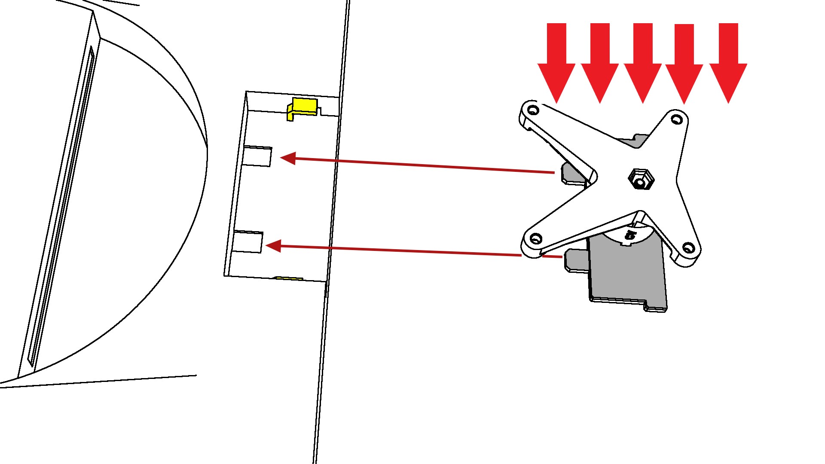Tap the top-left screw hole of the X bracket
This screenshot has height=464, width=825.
[x=533, y=110]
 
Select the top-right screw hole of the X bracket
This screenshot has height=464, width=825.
[x=677, y=119]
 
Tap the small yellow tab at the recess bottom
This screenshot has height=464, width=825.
[x=289, y=278]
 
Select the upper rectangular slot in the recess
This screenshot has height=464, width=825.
[x=257, y=156]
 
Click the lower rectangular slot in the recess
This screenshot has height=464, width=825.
[x=247, y=241]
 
